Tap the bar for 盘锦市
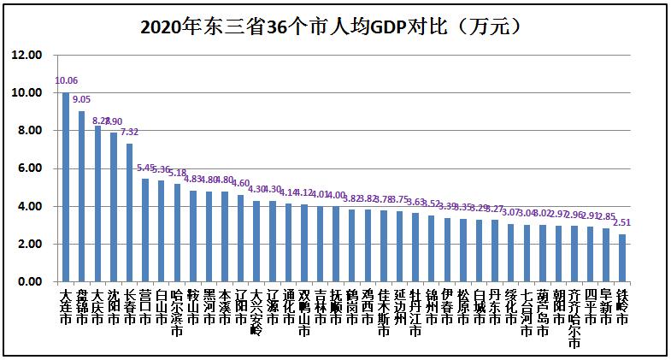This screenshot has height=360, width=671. (x=81, y=196)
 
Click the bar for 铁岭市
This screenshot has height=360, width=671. (x=622, y=258)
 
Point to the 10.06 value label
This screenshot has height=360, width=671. (x=66, y=81)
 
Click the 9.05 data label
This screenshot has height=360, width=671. (x=81, y=100)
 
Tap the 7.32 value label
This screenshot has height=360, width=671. (x=129, y=133)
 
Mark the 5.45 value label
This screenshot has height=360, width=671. (x=146, y=168)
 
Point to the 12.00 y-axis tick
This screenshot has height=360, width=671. (x=26, y=55)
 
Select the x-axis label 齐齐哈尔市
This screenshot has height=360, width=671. (x=574, y=317)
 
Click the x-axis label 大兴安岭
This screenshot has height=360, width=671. (x=256, y=312)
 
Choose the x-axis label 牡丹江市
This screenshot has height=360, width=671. (x=415, y=312)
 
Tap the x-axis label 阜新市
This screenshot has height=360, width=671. (x=606, y=306)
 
